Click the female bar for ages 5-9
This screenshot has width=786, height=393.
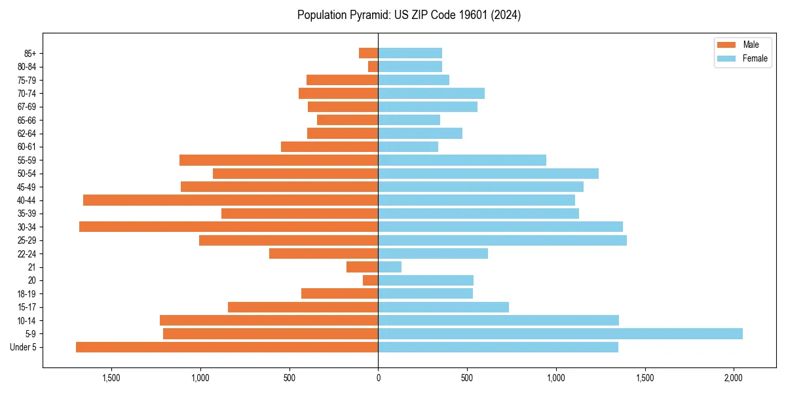(560, 333)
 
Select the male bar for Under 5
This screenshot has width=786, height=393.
(227, 347)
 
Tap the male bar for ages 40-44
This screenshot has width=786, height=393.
(231, 200)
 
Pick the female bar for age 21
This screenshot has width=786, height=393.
(390, 267)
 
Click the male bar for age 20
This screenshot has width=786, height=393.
(371, 280)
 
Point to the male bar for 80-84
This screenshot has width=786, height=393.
(373, 66)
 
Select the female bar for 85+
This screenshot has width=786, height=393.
(410, 53)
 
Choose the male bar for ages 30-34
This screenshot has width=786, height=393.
(229, 227)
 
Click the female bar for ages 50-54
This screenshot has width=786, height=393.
(488, 174)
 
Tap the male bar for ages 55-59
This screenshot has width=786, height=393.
(279, 160)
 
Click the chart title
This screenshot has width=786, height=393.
(409, 15)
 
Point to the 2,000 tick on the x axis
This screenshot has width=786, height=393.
(734, 378)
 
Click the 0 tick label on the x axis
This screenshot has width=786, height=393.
(378, 378)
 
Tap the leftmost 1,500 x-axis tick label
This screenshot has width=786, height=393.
(111, 378)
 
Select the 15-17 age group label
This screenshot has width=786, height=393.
(27, 307)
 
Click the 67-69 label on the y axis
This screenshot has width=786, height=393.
(27, 107)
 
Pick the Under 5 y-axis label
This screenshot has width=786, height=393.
(24, 347)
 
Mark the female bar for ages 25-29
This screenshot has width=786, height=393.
(502, 240)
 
